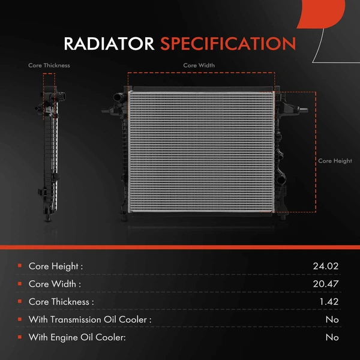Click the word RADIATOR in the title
point(110,44)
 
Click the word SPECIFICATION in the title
point(227,44)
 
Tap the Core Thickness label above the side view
point(49,65)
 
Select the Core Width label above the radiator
point(199,65)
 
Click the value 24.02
point(326,265)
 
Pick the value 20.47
point(326,283)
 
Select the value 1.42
point(329,301)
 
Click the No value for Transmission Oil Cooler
point(332,319)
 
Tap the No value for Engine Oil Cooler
point(332,337)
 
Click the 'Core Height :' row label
point(56,265)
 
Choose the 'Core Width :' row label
point(55,283)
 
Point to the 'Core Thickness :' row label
point(61,301)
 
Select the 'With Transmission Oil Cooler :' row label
point(90,319)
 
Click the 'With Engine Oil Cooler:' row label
point(77,337)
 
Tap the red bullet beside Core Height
point(20,265)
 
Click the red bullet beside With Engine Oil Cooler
point(20,337)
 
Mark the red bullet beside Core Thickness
point(20,301)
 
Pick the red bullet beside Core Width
point(20,283)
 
